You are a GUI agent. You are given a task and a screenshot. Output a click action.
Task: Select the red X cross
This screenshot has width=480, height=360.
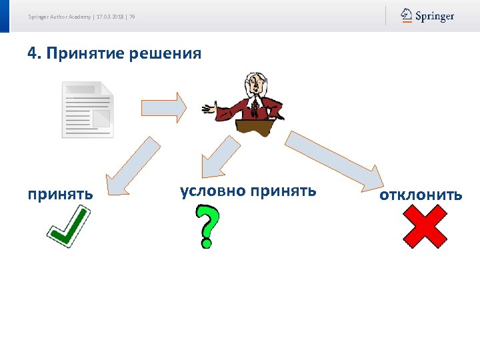pyautogui.click(x=425, y=227)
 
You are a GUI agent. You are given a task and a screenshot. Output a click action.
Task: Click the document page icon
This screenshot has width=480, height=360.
pyautogui.click(x=87, y=110)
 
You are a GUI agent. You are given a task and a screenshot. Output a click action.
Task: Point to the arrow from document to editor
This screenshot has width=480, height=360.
pyautogui.click(x=163, y=107)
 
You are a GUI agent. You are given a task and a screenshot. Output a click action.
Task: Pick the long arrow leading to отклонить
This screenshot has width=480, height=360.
pyautogui.click(x=334, y=160)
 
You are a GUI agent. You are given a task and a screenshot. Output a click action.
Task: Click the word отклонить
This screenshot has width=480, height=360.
pyautogui.click(x=421, y=195)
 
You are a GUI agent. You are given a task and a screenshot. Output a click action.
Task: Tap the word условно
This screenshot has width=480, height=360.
pyautogui.click(x=212, y=191)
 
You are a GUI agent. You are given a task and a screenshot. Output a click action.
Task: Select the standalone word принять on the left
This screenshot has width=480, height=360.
pyautogui.click(x=60, y=195)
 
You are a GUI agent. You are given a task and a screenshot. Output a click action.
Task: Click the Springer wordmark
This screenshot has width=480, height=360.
pyautogui.click(x=435, y=15)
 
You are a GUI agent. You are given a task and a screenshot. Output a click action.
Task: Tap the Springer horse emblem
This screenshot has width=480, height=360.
pyautogui.click(x=406, y=15)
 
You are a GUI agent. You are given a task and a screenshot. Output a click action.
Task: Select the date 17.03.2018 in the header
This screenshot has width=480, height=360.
pyautogui.click(x=111, y=17)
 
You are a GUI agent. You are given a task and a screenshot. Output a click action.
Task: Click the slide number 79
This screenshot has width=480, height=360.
pyautogui.click(x=132, y=17)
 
